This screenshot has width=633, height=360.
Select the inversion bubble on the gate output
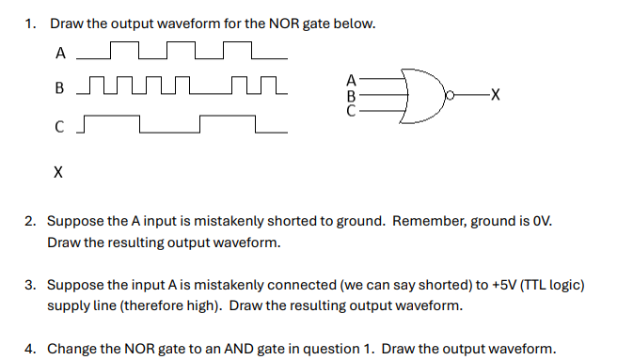(x=451, y=95)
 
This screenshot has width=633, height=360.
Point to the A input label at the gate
(x=352, y=80)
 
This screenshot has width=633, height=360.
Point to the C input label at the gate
(x=352, y=109)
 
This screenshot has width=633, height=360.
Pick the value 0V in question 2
(x=542, y=222)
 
